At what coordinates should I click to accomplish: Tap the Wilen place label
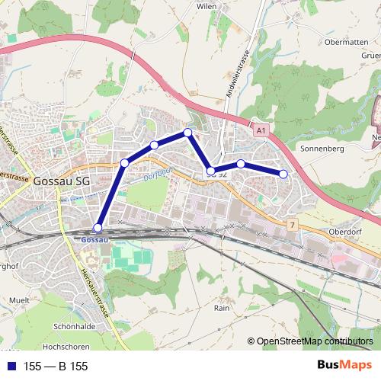pyautogui.click(x=207, y=5)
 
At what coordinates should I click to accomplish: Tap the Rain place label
pyautogui.click(x=222, y=309)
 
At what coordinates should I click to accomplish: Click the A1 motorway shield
pyautogui.click(x=261, y=132)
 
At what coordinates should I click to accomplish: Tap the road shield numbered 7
pyautogui.click(x=292, y=225)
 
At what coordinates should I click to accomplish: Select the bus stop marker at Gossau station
pyautogui.click(x=98, y=228)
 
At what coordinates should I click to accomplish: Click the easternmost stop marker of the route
pyautogui.click(x=283, y=174)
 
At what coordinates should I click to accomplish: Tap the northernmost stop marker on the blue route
pyautogui.click(x=187, y=133)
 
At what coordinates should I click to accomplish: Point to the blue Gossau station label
pyautogui.click(x=94, y=239)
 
